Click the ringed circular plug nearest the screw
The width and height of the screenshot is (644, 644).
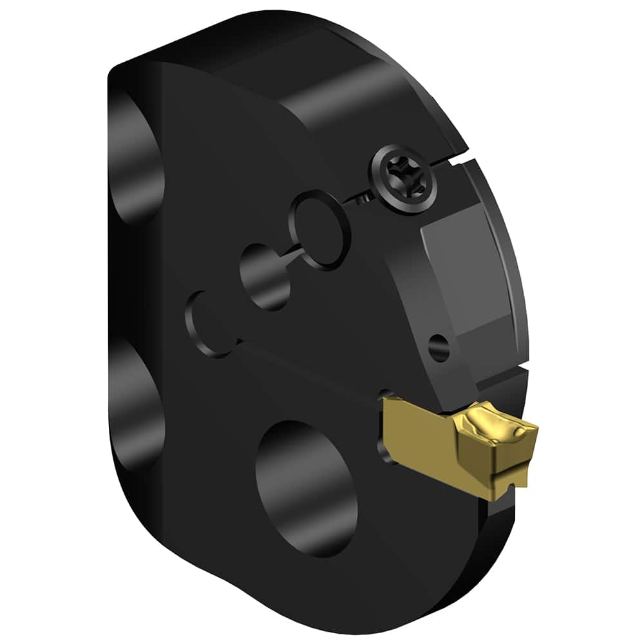319,229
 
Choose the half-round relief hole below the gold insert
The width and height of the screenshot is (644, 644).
384,451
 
